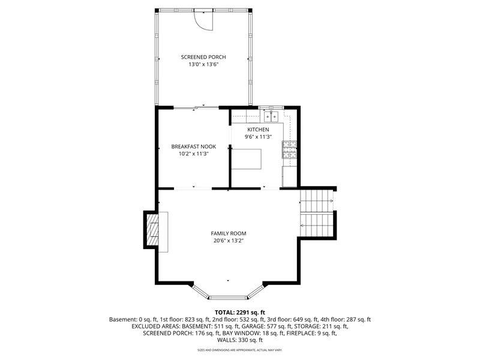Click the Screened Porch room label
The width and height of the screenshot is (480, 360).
pos(203,57)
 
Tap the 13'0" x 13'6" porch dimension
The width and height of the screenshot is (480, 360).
pos(203,64)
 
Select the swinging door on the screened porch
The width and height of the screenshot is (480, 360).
pos(203,20)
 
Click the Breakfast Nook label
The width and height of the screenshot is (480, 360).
pos(193,146)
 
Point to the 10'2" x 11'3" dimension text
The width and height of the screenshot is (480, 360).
pos(193,154)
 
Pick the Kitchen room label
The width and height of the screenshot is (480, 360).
pos(259,130)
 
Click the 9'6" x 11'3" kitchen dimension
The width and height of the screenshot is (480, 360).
pos(259,137)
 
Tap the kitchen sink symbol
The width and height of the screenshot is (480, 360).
pos(271,116)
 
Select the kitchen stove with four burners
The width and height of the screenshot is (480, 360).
pos(289,149)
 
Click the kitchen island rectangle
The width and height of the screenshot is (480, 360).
pos(247,159)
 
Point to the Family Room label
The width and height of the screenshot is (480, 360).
pos(229,233)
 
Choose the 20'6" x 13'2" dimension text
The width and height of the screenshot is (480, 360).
pos(229,241)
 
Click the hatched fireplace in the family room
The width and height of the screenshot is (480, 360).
pos(152,230)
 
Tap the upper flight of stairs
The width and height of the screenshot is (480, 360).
pos(316,201)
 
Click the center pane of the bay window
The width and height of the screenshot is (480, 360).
pos(228,297)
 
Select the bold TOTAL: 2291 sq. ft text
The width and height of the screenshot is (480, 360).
pos(239,313)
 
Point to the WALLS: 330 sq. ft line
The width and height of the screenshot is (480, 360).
pos(239,340)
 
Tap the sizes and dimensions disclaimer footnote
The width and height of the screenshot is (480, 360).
pos(239,350)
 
